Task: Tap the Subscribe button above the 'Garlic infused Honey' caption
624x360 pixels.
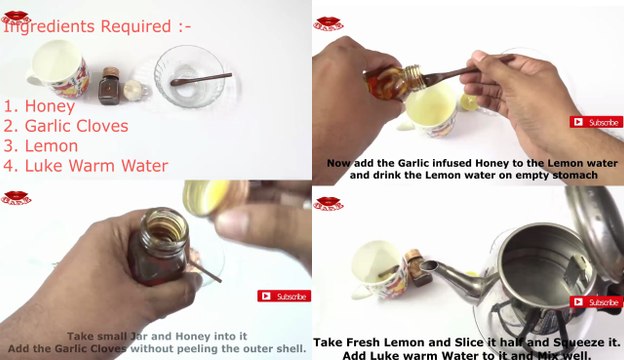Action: pyautogui.click(x=596, y=122)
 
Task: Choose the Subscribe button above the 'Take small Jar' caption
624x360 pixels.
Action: pyautogui.click(x=284, y=296)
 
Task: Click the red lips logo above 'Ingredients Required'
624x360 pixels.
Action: pyautogui.click(x=15, y=12)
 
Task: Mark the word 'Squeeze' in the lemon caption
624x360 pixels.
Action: pyautogui.click(x=546, y=342)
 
